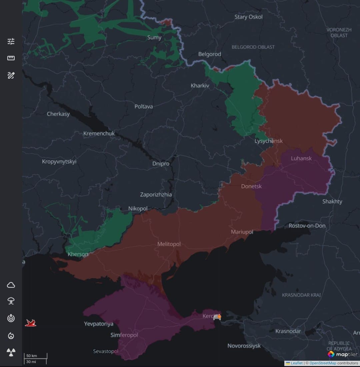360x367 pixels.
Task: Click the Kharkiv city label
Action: (200, 86)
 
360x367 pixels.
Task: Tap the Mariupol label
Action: (242, 232)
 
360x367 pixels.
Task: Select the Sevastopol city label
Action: (106, 351)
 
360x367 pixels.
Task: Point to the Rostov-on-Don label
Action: (307, 226)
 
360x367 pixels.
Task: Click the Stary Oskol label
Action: (248, 17)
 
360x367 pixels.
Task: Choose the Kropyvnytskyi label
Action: (59, 162)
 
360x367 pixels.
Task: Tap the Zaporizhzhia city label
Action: (156, 194)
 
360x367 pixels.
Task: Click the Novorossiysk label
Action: (244, 346)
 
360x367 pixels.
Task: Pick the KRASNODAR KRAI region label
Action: (301, 295)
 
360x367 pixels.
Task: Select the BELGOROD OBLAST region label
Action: (253, 47)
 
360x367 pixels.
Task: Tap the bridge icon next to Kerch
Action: (217, 317)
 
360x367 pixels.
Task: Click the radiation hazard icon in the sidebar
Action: (11, 352)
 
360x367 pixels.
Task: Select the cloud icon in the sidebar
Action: (11, 285)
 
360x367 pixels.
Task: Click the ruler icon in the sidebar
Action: (11, 58)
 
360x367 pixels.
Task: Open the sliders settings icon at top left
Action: (11, 41)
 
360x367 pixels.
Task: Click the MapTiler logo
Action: (342, 354)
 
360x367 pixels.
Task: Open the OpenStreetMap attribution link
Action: (323, 363)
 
